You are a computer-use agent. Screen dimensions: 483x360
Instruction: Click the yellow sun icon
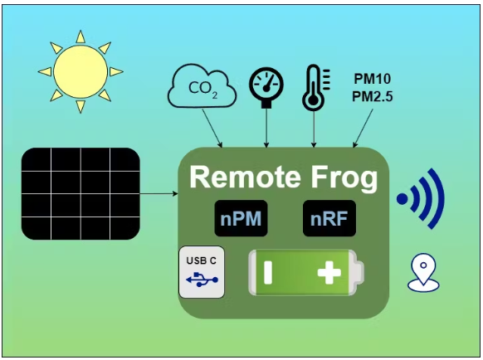80,72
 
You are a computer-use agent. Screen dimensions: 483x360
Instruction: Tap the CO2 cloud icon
202,86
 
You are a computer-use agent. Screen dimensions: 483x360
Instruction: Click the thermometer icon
315,87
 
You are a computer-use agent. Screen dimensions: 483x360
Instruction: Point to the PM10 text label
372,79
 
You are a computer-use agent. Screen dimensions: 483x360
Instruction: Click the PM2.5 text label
372,97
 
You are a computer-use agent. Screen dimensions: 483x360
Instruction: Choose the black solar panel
80,194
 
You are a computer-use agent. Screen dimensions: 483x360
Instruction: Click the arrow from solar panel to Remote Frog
159,194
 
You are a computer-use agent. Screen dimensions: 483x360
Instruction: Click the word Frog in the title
344,179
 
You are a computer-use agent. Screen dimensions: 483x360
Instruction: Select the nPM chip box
241,218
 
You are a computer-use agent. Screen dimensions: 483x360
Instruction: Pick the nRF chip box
329,218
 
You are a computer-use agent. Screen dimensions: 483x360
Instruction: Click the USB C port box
202,272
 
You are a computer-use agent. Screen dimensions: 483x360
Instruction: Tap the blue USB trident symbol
202,280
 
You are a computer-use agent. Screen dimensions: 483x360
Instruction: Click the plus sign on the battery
329,273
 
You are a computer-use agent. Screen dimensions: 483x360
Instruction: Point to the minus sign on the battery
268,273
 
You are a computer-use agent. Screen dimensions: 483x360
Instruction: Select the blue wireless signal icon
421,198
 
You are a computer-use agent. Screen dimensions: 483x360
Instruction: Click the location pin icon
423,273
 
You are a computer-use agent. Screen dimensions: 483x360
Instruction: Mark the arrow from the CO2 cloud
212,128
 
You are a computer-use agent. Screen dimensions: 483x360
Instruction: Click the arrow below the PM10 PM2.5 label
363,128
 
